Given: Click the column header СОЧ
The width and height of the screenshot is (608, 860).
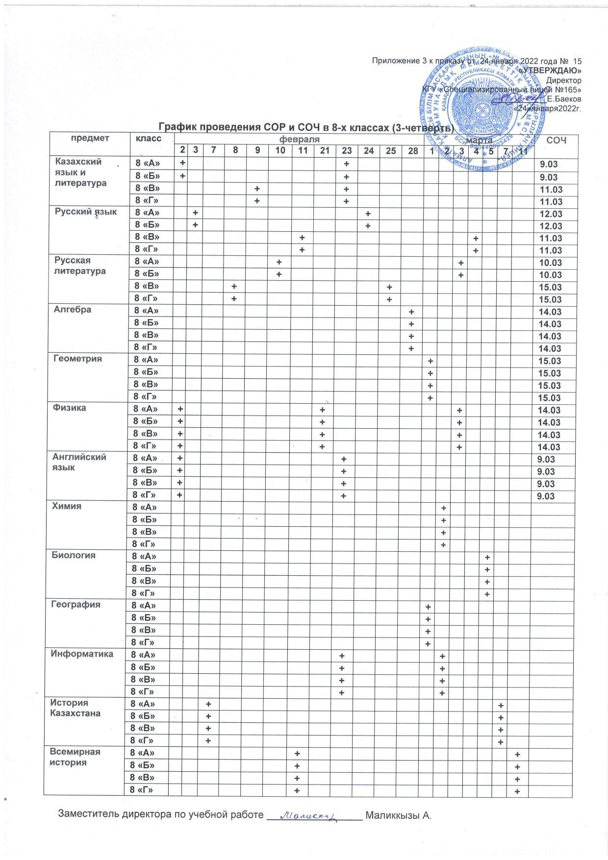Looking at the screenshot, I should (x=556, y=141).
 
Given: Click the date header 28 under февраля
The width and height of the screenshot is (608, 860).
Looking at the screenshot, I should (x=413, y=151).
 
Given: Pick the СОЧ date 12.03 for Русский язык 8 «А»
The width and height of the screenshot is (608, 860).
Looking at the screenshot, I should (x=550, y=214).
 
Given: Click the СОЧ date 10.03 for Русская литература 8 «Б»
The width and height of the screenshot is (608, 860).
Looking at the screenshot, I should (x=550, y=275).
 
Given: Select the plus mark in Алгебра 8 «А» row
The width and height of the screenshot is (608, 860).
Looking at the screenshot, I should (x=411, y=312).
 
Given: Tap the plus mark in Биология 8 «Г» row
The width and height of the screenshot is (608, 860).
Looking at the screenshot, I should (x=487, y=594).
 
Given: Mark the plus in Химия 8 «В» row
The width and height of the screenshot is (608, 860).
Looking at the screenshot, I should (x=443, y=533).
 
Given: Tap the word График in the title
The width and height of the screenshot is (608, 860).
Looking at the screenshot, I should (x=176, y=126).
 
